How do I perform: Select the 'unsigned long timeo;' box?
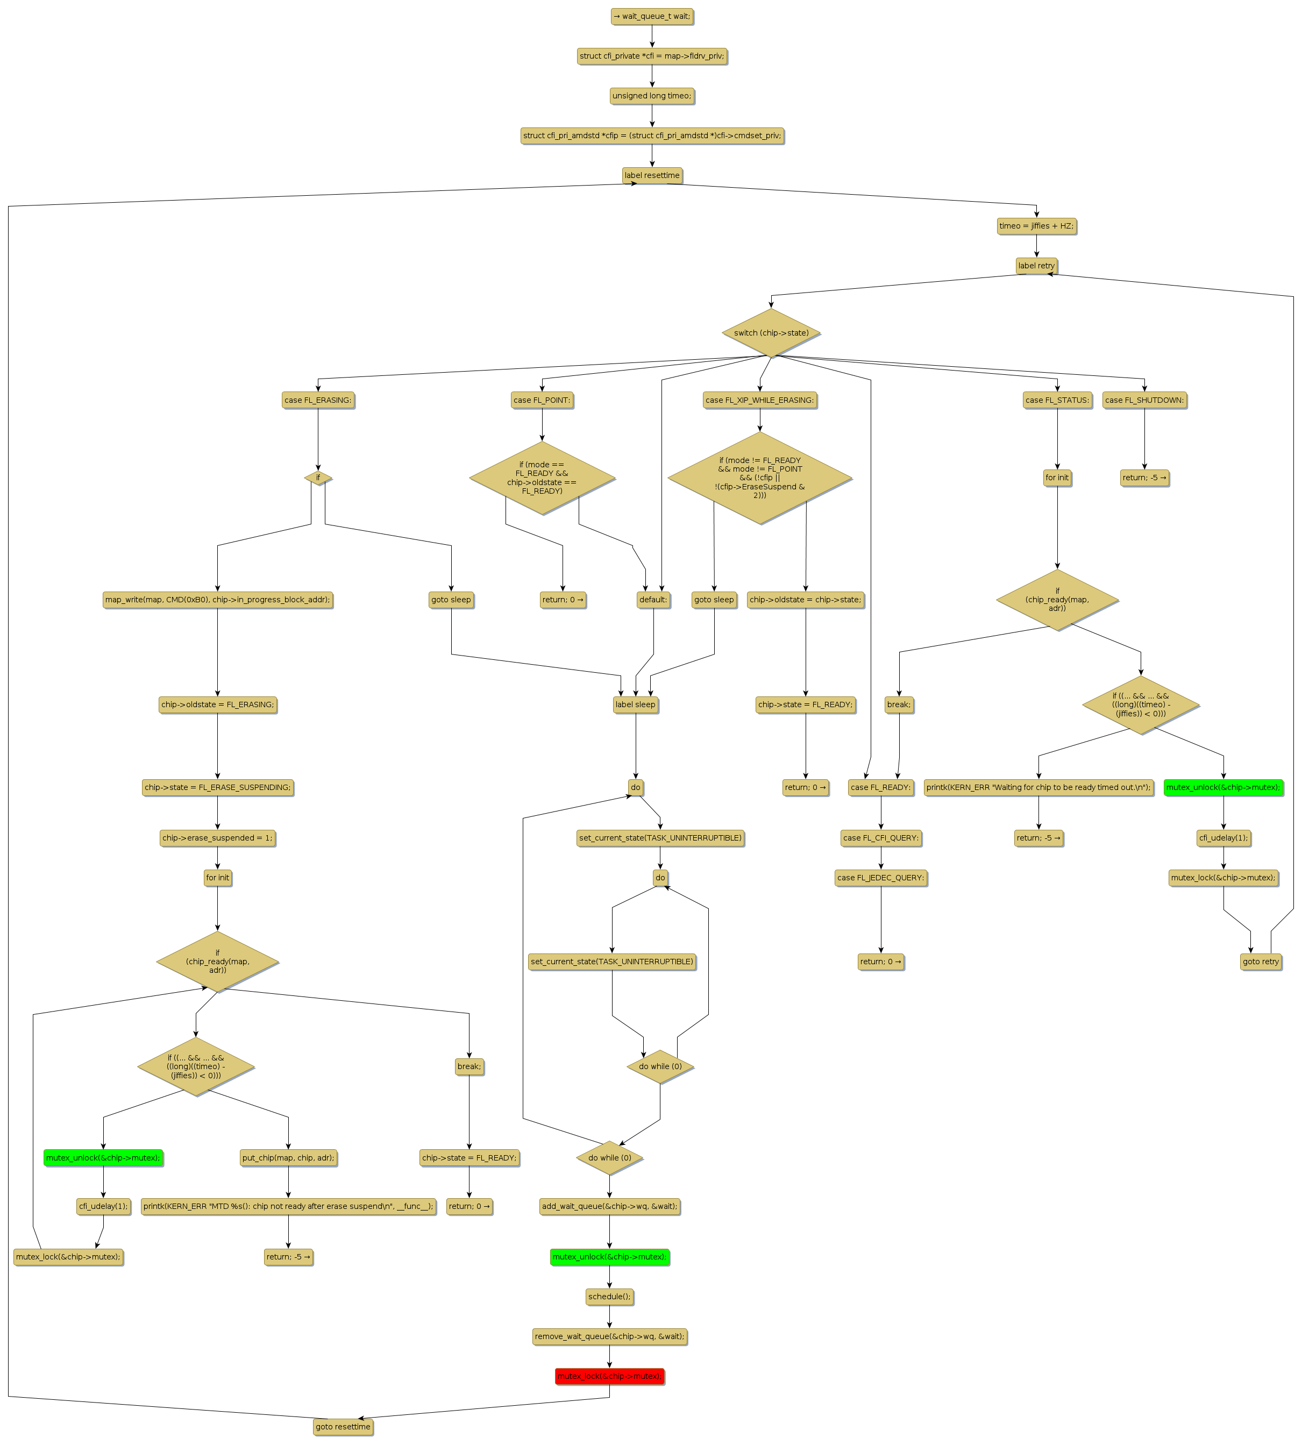652,96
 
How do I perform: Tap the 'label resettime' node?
652,175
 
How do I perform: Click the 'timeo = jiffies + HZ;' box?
1036,226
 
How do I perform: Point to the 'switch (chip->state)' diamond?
771,333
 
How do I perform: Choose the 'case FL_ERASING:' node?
318,400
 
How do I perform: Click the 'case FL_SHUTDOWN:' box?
1144,400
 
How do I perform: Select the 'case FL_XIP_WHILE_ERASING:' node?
760,400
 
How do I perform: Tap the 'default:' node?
653,600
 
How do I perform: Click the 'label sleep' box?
635,704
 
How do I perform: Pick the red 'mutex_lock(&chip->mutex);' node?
609,1376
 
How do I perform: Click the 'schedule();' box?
609,1296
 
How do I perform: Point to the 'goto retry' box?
1261,962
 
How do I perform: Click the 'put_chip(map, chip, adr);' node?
288,1157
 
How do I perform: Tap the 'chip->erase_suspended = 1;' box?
217,838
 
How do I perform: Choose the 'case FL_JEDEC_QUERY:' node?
881,878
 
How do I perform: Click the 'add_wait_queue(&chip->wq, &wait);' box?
609,1206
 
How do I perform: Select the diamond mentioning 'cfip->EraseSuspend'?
760,478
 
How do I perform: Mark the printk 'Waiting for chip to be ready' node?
1038,788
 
